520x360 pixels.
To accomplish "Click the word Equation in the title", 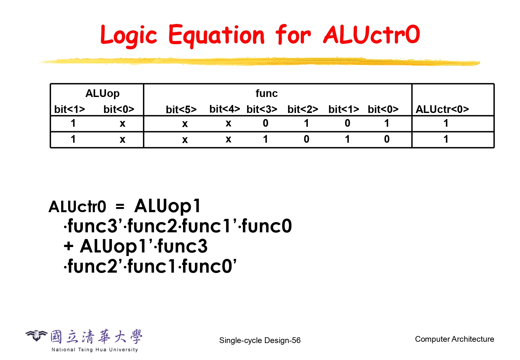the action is point(216,36).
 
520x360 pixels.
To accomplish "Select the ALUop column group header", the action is point(102,93).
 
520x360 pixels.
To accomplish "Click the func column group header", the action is point(267,93).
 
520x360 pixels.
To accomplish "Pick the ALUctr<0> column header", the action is point(442,109).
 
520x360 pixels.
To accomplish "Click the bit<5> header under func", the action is point(181,109).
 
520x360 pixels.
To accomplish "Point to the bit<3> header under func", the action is point(262,109).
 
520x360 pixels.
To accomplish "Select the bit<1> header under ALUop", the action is point(69,109).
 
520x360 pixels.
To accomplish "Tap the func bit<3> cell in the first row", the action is point(265,123).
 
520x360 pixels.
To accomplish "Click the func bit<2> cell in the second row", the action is point(307,139).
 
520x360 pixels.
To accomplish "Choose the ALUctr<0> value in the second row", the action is point(446,139).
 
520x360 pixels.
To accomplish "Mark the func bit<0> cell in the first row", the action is point(387,123).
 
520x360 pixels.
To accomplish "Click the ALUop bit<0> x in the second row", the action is point(122,140).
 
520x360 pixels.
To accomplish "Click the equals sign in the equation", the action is point(120,206).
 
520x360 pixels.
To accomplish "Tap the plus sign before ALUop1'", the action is point(68,246).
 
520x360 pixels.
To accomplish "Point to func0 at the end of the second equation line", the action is point(267,226).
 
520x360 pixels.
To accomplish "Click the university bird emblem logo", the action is point(36,335).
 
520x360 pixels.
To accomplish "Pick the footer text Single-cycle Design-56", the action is point(260,340).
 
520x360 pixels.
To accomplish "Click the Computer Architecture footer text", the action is point(454,339).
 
